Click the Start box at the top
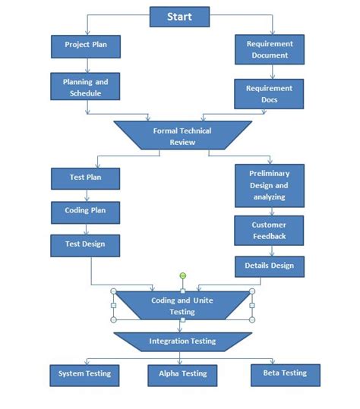[x=179, y=16]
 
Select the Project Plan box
[x=85, y=46]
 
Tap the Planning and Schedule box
[x=85, y=87]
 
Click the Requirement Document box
[x=269, y=49]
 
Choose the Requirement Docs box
[x=269, y=94]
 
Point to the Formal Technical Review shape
[x=182, y=136]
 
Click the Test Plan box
[x=85, y=178]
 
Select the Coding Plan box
[x=85, y=212]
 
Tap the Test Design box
[x=85, y=244]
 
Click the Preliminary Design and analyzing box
[x=269, y=185]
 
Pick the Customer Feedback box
[x=269, y=231]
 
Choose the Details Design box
[x=269, y=266]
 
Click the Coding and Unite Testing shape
[x=182, y=306]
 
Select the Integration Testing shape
[x=182, y=341]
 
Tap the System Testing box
[x=85, y=373]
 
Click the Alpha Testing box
[x=182, y=374]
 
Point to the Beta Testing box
[x=285, y=373]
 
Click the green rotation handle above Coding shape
[x=182, y=275]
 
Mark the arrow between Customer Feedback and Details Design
[x=269, y=250]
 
